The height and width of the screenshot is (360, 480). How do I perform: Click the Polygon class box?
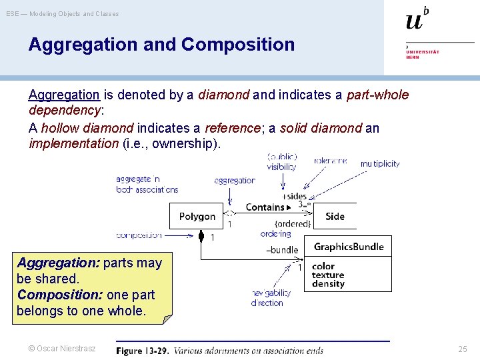pyautogui.click(x=197, y=217)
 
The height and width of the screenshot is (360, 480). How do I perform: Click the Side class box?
pyautogui.click(x=335, y=217)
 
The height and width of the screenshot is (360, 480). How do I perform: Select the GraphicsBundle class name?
pyautogui.click(x=349, y=247)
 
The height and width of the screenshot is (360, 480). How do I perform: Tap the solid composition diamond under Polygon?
pyautogui.click(x=201, y=235)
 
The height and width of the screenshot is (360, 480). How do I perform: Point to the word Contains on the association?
pyautogui.click(x=265, y=207)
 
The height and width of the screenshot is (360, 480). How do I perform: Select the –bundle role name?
pyautogui.click(x=282, y=250)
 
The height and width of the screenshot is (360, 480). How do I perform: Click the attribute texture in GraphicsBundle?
pyautogui.click(x=328, y=275)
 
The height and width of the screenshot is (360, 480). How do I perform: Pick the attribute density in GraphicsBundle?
pyautogui.click(x=328, y=284)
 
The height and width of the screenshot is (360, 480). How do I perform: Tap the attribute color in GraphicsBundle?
pyautogui.click(x=323, y=266)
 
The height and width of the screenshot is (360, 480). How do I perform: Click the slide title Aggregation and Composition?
pyautogui.click(x=161, y=45)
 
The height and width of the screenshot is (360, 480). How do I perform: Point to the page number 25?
pyautogui.click(x=463, y=349)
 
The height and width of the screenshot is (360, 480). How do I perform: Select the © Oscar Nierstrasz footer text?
pyautogui.click(x=61, y=349)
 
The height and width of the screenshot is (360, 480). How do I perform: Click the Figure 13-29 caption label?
pyautogui.click(x=143, y=351)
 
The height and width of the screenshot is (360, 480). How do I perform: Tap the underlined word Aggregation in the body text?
pyautogui.click(x=64, y=95)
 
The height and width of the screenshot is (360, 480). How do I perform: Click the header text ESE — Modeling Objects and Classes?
pyautogui.click(x=63, y=13)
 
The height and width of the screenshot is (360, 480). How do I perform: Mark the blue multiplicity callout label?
pyautogui.click(x=380, y=163)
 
